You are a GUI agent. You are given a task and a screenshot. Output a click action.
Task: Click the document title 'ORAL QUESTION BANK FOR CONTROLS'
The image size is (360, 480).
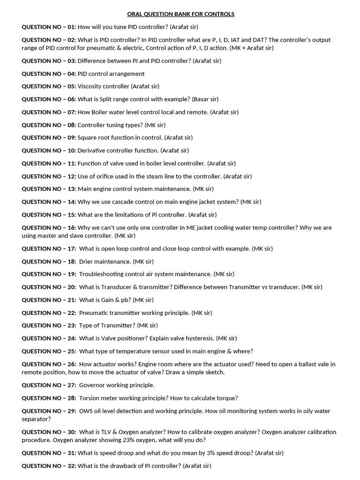click(180, 14)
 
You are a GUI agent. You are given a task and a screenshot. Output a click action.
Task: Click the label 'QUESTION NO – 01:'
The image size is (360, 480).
click(49, 27)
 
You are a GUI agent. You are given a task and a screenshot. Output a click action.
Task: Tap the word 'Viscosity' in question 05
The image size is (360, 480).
click(90, 86)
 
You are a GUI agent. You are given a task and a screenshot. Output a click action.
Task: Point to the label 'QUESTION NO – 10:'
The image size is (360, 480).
click(49, 150)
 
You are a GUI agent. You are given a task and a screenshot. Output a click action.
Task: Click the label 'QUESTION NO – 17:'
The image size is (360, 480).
click(49, 248)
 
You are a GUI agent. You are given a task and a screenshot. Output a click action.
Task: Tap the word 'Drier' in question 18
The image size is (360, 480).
click(86, 262)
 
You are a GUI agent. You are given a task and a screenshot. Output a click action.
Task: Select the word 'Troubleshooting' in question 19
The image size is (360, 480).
click(102, 274)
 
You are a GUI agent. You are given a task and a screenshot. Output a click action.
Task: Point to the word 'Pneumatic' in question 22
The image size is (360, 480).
click(94, 313)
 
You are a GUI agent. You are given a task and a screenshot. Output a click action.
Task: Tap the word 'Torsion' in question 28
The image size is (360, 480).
click(90, 398)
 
